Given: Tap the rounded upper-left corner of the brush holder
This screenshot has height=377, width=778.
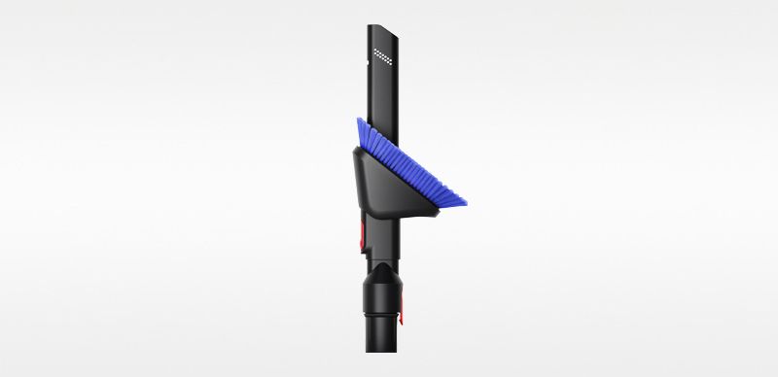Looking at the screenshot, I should click(356, 147).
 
